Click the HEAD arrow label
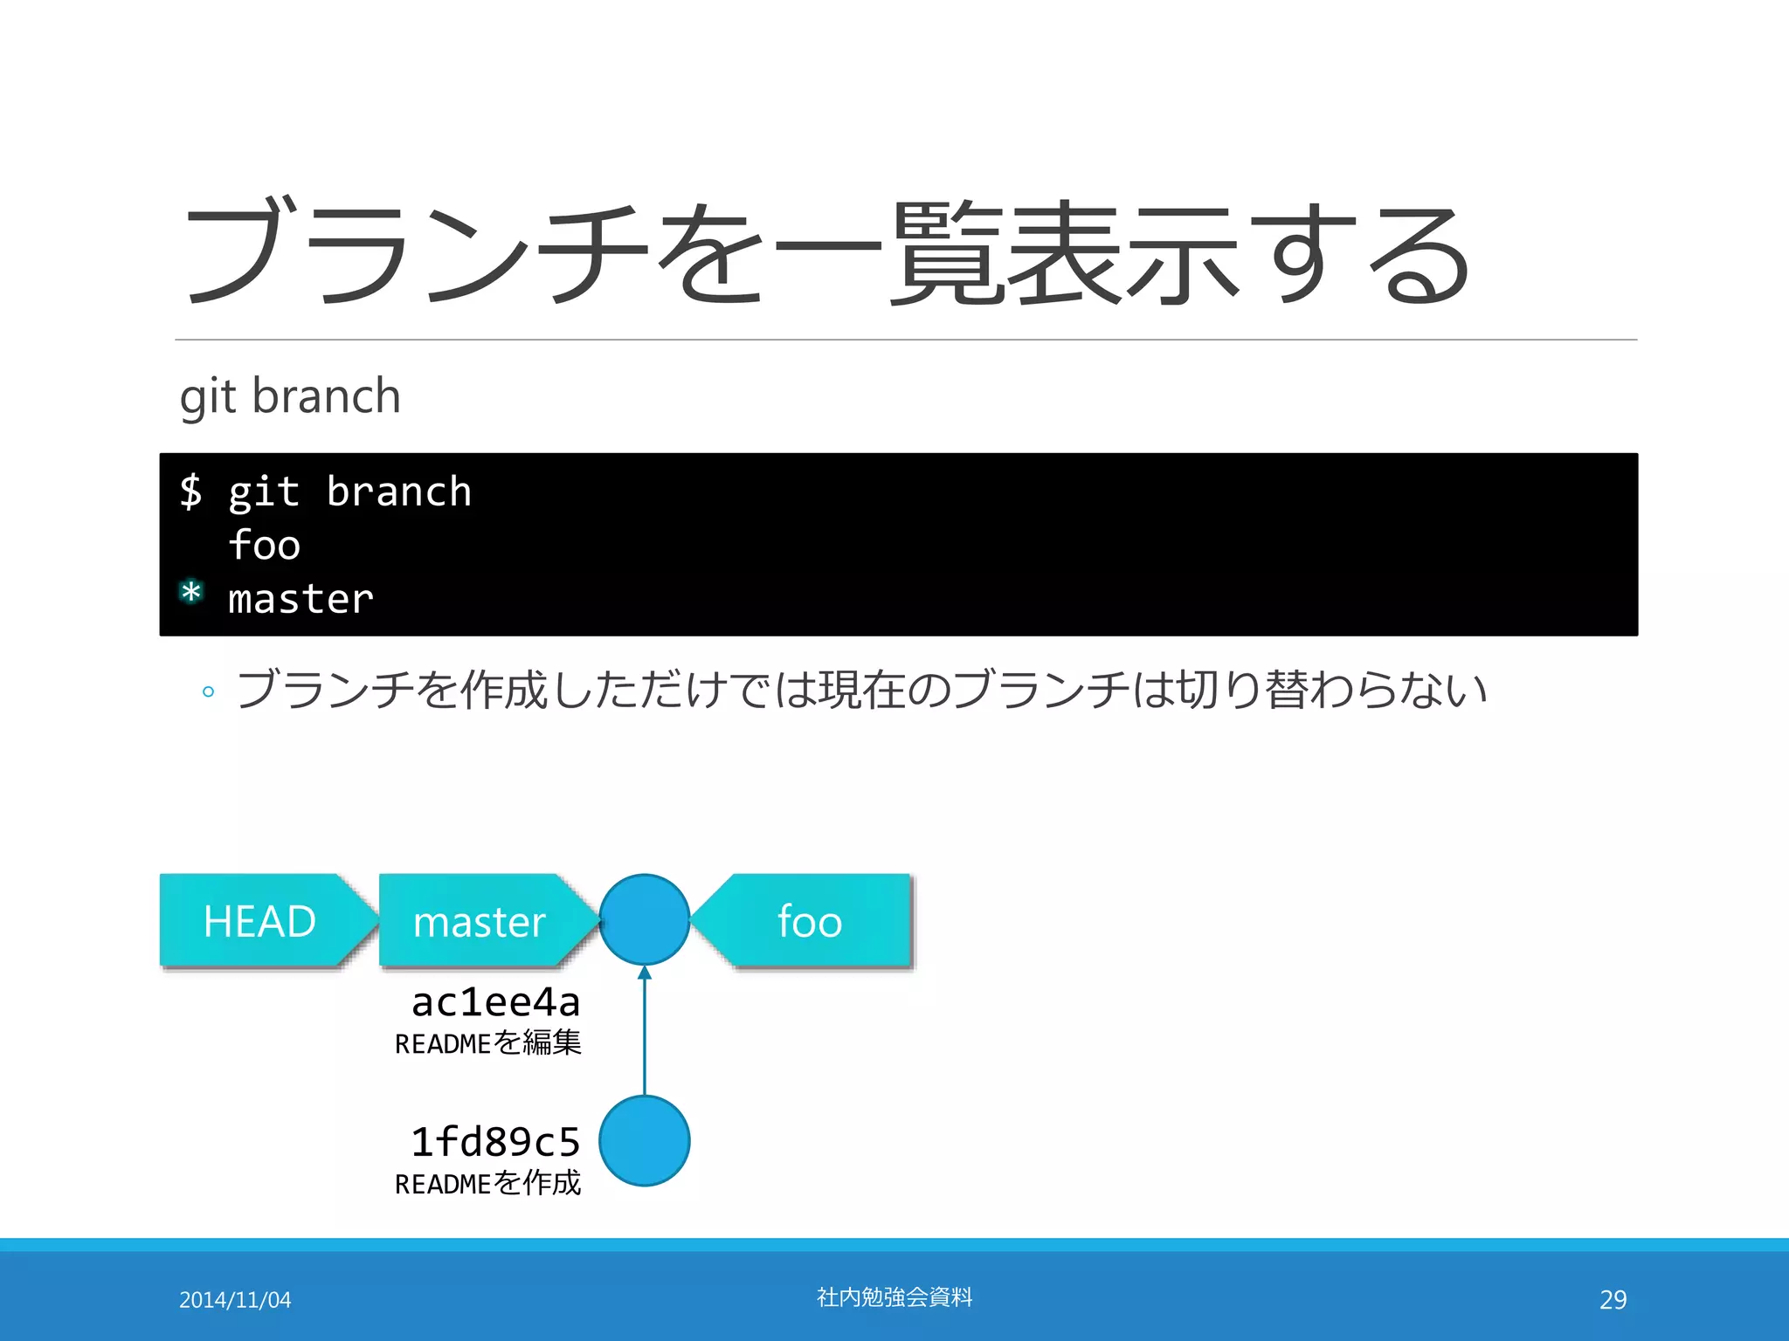coord(260,921)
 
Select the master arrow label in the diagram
coord(480,921)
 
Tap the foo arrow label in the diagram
coord(810,921)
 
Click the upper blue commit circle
coord(645,919)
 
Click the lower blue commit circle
coord(645,1141)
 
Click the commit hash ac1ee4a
coord(495,1002)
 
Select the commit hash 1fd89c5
coord(495,1142)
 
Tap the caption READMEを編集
coord(487,1042)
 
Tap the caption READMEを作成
coord(487,1183)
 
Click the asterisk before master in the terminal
coord(191,593)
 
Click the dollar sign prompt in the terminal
coord(190,491)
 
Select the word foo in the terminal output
coord(264,546)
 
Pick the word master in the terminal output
coord(300,600)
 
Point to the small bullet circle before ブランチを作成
coord(208,692)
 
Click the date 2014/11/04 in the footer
coord(235,1300)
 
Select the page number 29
coord(1613,1300)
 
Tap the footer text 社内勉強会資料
coord(894,1297)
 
